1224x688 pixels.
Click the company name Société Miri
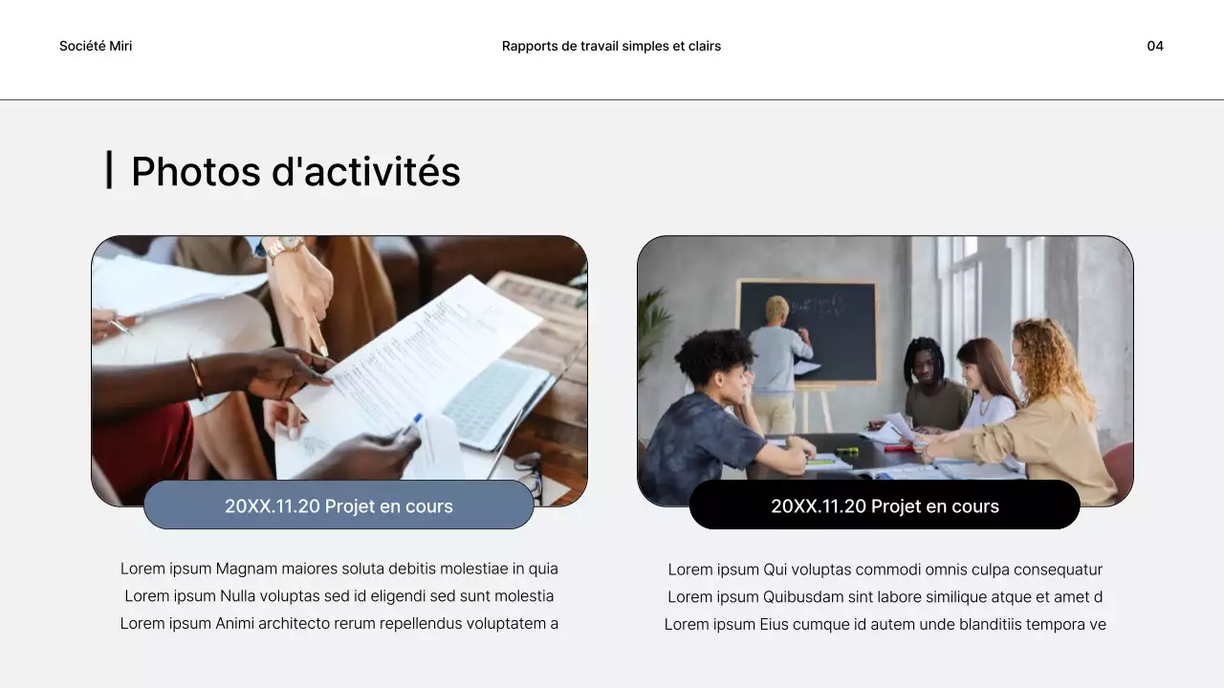96,46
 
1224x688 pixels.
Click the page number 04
1155,46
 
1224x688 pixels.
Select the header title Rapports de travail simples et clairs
611,46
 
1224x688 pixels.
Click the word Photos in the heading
195,172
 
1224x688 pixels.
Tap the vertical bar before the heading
109,170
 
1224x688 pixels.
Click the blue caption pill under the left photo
339,505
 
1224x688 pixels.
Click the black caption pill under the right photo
885,505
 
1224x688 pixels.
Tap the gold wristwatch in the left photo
284,248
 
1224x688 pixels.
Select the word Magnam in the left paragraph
246,569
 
